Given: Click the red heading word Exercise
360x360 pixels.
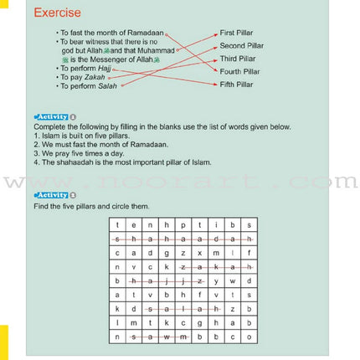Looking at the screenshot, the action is [58, 13].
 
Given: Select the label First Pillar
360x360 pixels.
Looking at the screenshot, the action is [237, 32].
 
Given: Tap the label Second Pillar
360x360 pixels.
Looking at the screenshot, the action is [240, 45].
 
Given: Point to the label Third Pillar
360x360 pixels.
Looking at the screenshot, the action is [238, 59].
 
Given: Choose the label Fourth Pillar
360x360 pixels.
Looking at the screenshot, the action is [239, 71].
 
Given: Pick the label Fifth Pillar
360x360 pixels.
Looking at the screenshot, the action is [237, 85].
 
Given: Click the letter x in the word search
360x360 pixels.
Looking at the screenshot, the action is [199, 252].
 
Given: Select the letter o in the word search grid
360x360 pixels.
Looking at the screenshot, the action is [249, 336].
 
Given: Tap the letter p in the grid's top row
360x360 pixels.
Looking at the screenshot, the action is [183, 224].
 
